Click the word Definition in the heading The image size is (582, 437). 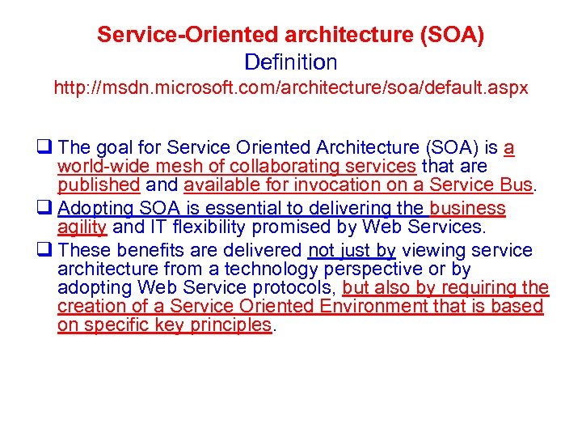tap(291, 62)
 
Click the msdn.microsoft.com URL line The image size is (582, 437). tap(291, 87)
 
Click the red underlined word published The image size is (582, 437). tap(99, 185)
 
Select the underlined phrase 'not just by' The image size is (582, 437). tap(352, 250)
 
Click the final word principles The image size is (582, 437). tap(233, 325)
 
